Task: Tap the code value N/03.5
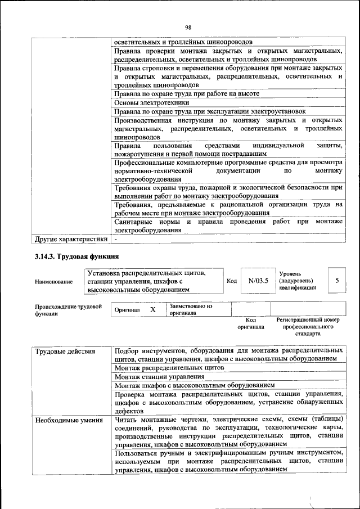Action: click(x=258, y=280)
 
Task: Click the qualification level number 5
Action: click(x=336, y=280)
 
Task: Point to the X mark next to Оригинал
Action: click(x=152, y=310)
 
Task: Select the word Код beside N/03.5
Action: click(x=232, y=281)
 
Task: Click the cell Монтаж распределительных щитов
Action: click(x=169, y=367)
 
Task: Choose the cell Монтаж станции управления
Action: click(x=159, y=376)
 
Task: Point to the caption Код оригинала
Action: click(x=250, y=323)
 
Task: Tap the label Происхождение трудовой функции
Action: click(x=68, y=310)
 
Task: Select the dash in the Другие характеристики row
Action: click(x=115, y=239)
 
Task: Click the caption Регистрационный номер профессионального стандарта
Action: click(x=308, y=326)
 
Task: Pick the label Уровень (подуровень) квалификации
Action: click(x=298, y=280)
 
